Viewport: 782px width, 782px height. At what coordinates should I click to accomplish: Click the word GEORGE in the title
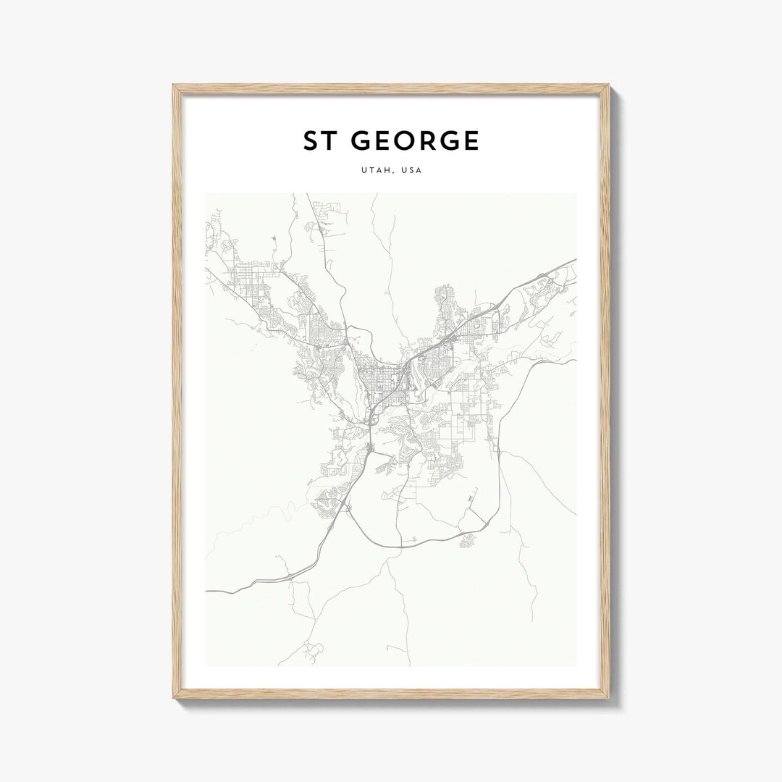[x=415, y=141]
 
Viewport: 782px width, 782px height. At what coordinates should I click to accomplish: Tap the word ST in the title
[x=321, y=141]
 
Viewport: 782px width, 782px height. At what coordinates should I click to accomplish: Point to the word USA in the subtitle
[x=411, y=171]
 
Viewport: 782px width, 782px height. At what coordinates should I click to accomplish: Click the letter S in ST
[x=311, y=141]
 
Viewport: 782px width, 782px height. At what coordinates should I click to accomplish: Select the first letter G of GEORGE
[x=361, y=141]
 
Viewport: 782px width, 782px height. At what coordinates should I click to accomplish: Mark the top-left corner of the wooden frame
[x=174, y=85]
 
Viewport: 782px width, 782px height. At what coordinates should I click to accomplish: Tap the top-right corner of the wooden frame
[x=609, y=85]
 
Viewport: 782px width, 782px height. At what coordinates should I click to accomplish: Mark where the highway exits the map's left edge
[x=206, y=591]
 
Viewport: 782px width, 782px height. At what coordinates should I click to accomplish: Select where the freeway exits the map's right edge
[x=576, y=259]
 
